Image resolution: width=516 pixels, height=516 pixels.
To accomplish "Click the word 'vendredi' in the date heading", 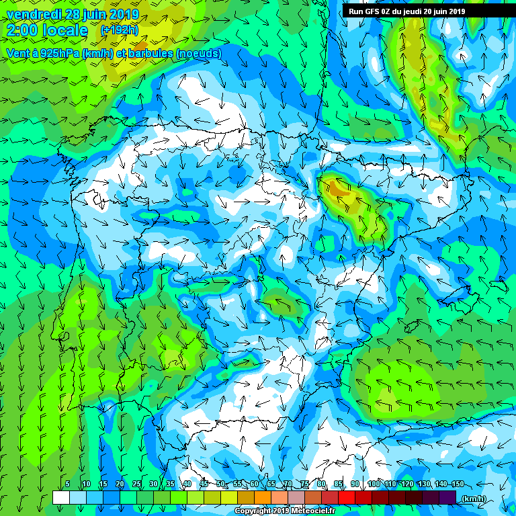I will point(34,14).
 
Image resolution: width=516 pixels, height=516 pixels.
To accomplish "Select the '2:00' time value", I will point(23,31).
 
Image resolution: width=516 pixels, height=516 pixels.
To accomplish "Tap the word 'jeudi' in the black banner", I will point(425,11).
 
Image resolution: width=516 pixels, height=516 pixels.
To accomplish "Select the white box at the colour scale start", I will point(61,497).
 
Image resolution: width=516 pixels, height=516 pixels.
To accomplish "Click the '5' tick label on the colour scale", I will point(68,484).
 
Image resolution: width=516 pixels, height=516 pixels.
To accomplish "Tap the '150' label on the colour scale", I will point(457,484).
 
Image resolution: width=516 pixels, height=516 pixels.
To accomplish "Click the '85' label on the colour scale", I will point(339,484).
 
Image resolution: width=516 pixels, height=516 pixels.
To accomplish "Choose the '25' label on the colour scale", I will point(136,484).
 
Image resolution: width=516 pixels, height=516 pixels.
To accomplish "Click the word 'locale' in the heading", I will point(65,31).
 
